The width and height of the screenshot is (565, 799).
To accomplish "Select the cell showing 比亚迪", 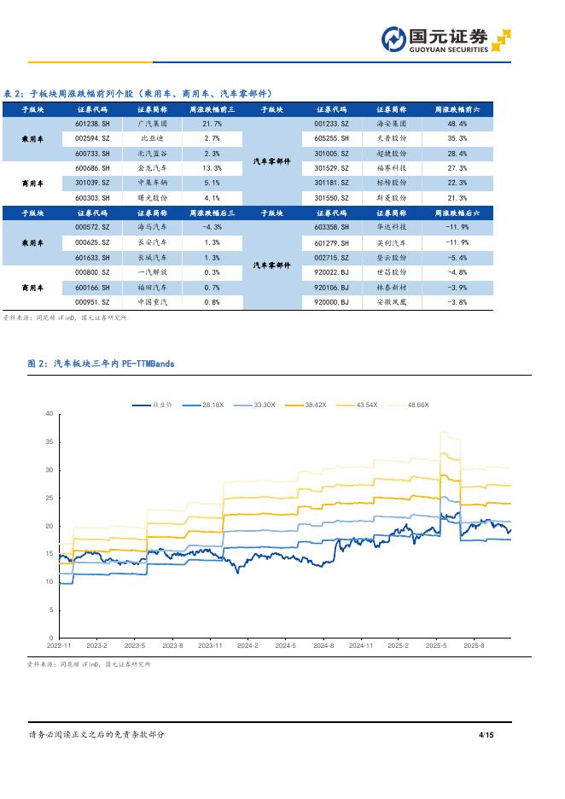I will [x=154, y=138].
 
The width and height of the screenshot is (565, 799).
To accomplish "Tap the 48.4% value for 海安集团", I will [x=457, y=124].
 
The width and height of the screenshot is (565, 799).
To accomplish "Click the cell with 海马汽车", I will [x=154, y=227].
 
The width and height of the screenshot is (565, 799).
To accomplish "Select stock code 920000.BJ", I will [x=331, y=301].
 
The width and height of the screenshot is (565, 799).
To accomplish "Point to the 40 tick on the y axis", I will [x=49, y=414].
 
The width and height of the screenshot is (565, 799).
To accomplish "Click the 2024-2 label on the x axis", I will [x=248, y=646].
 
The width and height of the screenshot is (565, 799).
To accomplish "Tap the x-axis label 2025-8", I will [x=473, y=646].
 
